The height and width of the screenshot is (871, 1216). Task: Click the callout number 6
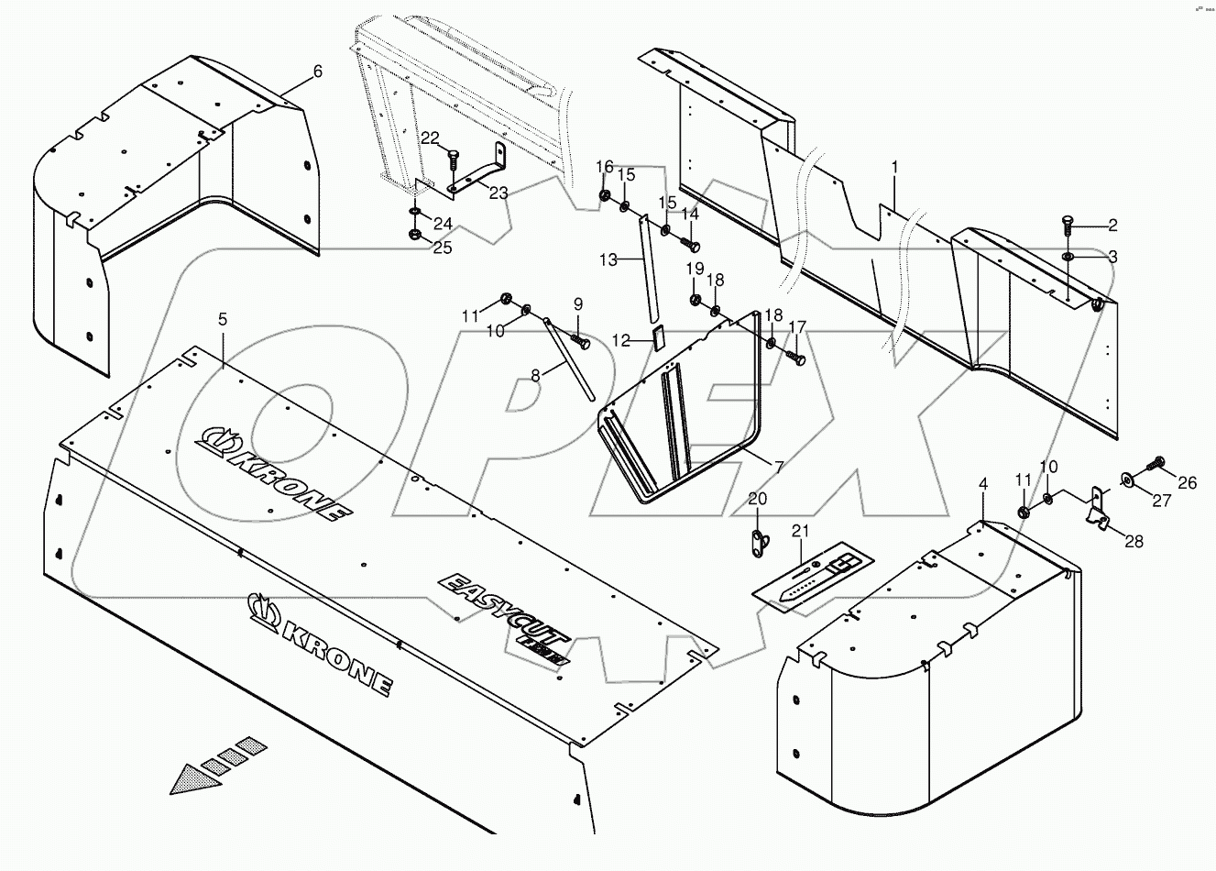318,72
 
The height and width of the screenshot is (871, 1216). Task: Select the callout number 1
894,167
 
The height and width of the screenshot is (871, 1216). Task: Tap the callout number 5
222,319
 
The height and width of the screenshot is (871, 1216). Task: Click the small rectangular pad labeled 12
657,336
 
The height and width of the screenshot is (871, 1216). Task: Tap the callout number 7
778,467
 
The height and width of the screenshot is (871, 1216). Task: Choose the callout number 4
983,483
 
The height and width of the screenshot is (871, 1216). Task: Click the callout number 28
1134,542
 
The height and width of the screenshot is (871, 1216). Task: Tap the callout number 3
1112,258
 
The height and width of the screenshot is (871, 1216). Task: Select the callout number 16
605,166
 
